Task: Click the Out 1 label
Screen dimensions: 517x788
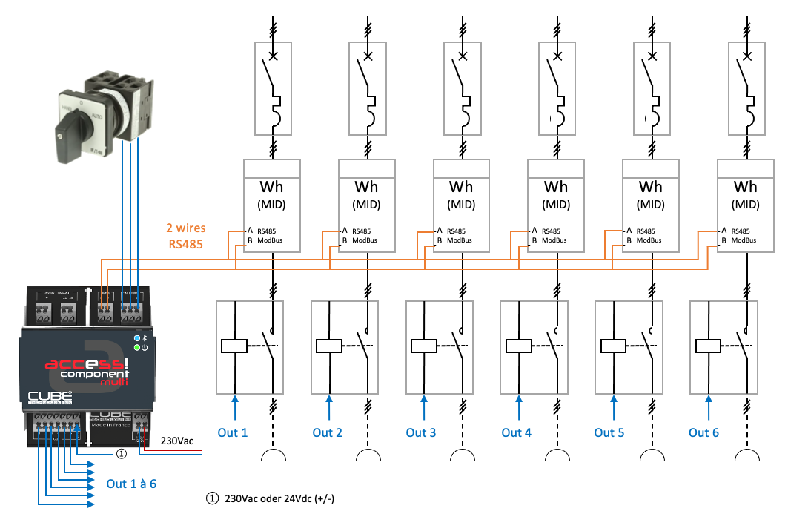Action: [x=233, y=432]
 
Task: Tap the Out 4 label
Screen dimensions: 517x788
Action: [x=516, y=432]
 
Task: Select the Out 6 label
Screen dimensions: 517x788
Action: [x=703, y=432]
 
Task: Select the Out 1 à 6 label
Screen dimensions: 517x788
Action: [x=131, y=484]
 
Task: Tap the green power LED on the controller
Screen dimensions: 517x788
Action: [x=138, y=346]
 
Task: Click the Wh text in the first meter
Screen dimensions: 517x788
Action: [x=272, y=188]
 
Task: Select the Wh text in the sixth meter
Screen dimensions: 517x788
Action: [x=745, y=188]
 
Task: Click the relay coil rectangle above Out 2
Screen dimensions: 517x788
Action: [x=328, y=346]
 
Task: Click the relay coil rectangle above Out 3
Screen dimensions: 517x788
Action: [x=423, y=346]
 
